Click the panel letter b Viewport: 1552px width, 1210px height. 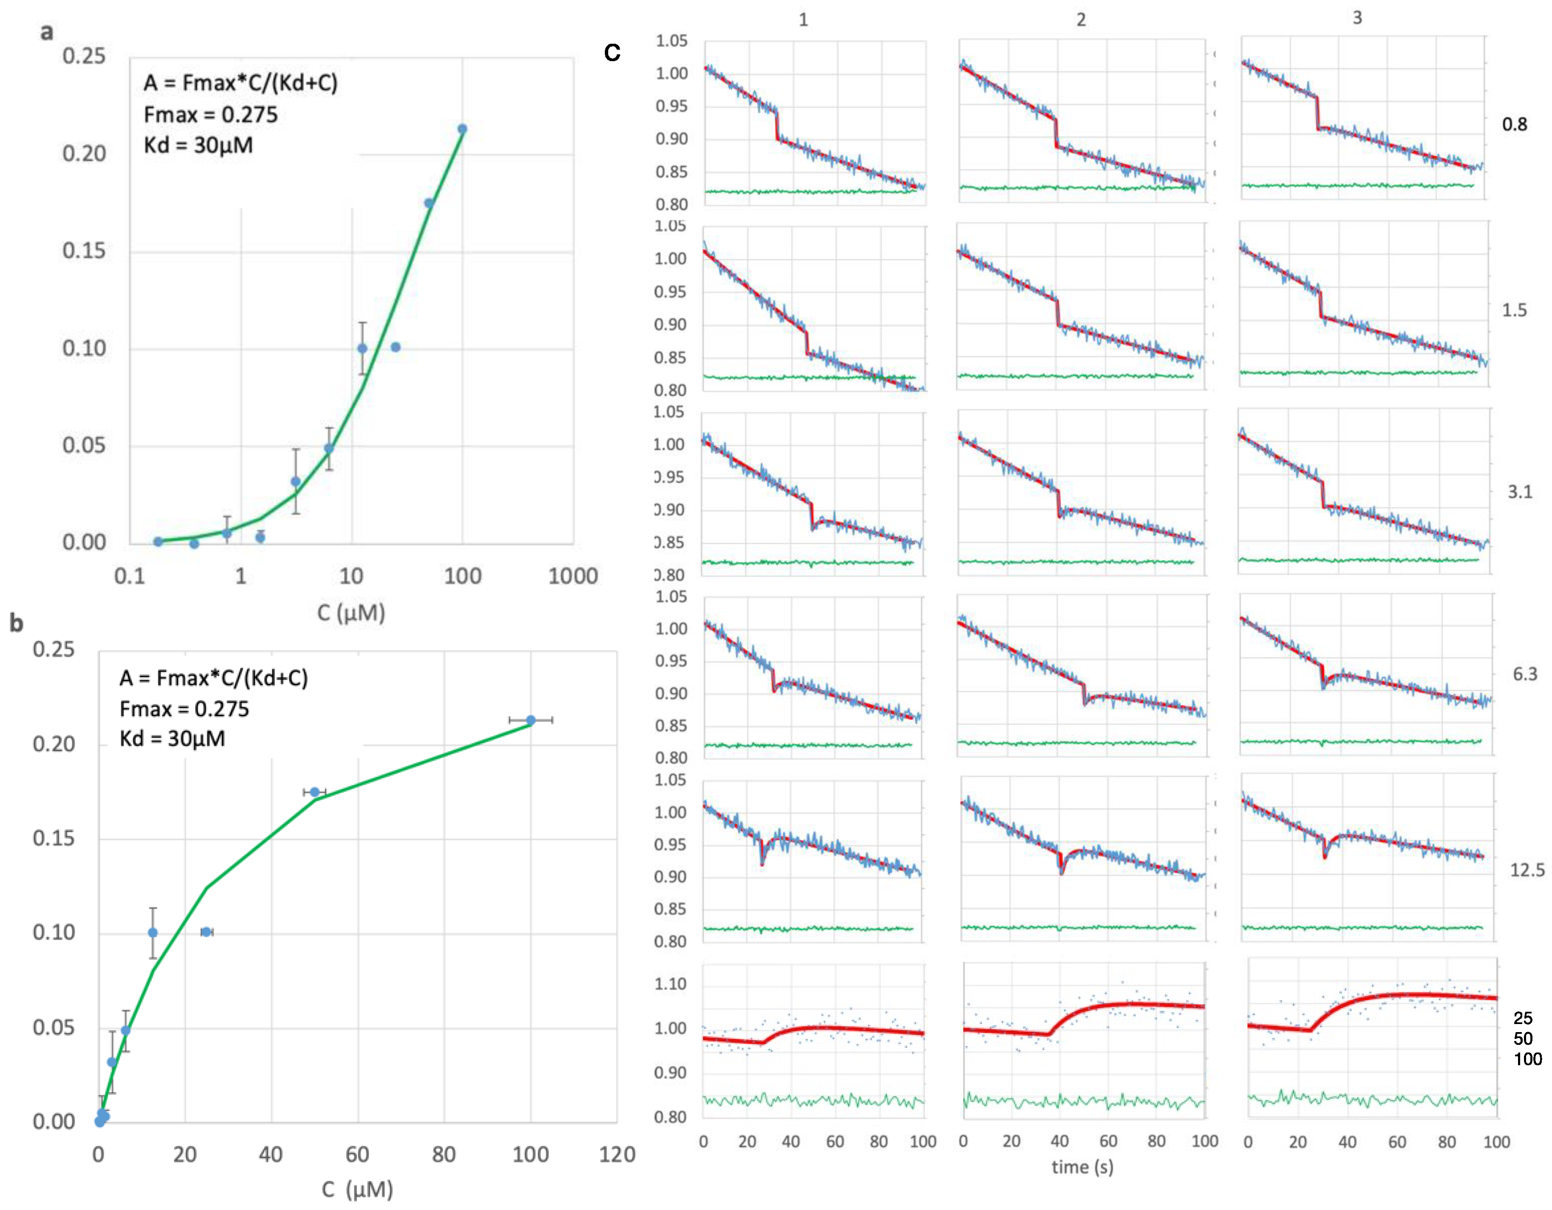click(16, 623)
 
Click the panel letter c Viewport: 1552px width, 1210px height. click(612, 53)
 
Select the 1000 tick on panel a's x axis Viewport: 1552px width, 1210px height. click(573, 576)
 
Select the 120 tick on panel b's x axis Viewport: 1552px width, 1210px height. click(616, 1154)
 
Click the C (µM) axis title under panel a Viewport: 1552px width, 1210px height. click(351, 613)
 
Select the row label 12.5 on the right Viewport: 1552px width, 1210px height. click(1527, 870)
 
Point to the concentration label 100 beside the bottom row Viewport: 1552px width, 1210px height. click(1527, 1059)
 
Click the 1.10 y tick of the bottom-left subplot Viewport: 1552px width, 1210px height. click(670, 984)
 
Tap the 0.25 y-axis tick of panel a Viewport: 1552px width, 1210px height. click(84, 56)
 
